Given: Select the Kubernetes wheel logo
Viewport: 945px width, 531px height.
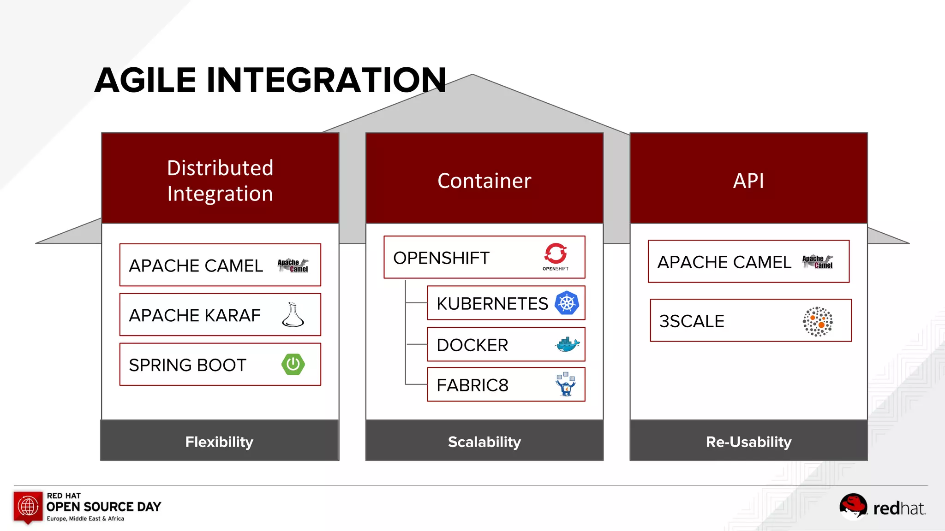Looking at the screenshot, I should (567, 303).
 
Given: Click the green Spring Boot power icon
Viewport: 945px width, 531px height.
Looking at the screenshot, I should (293, 364).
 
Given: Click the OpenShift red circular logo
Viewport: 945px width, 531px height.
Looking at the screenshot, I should (556, 254).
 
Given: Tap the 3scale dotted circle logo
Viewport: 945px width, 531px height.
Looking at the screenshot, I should (818, 321).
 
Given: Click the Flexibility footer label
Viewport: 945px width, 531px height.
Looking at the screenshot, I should (219, 442).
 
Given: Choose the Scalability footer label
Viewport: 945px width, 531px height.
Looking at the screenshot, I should (484, 442).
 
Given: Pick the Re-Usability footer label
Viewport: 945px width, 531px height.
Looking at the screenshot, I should (748, 442).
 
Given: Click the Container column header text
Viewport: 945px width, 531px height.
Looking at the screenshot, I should (484, 181).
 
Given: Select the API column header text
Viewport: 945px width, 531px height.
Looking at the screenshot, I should (748, 181).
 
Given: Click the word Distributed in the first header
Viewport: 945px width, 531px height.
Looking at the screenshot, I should (220, 168).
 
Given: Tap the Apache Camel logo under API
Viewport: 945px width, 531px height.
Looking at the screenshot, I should (817, 262).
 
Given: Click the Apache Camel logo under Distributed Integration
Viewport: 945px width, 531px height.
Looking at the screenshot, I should (293, 265).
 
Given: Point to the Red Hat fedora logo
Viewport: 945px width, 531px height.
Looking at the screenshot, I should (853, 506).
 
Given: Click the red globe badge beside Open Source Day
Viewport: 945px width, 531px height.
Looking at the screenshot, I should (28, 507).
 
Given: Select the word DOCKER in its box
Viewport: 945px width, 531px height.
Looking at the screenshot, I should (472, 345).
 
